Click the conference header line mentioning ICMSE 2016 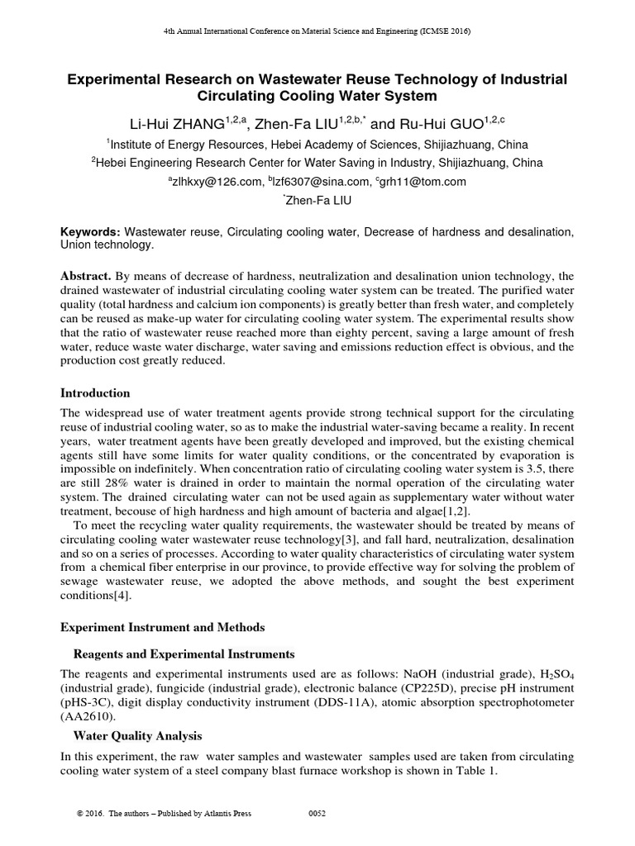click(317, 31)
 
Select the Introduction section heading click(95, 392)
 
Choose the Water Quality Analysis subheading click(137, 735)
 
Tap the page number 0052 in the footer click(317, 814)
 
